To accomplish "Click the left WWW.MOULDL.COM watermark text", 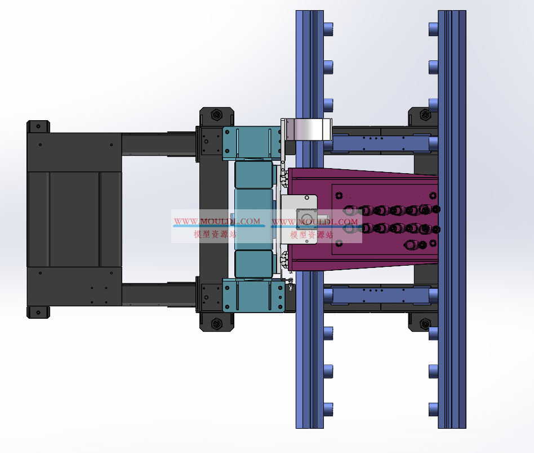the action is click(217, 221).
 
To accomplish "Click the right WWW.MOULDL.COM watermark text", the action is click(315, 222).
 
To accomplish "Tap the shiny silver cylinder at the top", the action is click(309, 129).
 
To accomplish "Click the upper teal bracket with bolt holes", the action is click(252, 143).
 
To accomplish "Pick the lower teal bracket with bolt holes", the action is click(253, 296).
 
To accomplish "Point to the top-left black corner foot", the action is click(38, 126).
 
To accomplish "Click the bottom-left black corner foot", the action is click(38, 312).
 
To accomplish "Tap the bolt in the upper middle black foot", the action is click(217, 115).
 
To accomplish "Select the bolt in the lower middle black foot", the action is click(217, 323).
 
